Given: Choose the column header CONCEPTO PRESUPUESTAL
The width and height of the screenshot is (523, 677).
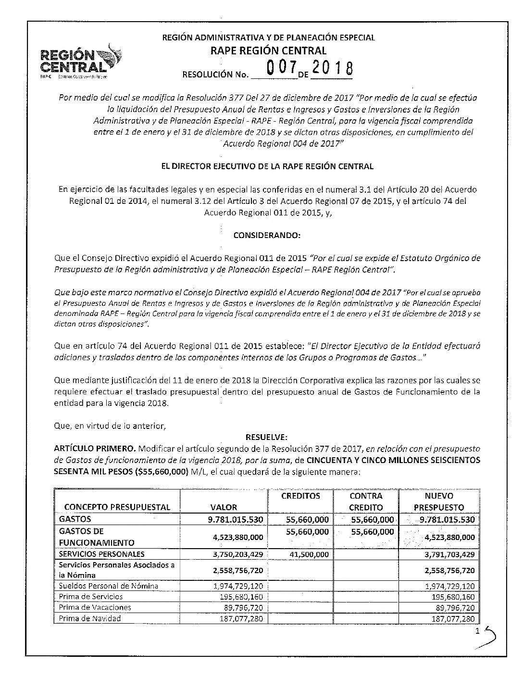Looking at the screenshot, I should (117, 507).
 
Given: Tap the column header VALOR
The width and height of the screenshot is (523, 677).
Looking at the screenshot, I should (224, 507).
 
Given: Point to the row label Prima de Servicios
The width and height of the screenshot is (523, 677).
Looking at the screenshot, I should (90, 597).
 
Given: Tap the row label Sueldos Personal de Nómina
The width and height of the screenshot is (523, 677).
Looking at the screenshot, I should (108, 586).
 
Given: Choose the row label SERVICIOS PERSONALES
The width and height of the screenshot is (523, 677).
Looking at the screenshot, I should (101, 554).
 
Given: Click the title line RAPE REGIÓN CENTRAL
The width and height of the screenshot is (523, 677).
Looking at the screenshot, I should (268, 50).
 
